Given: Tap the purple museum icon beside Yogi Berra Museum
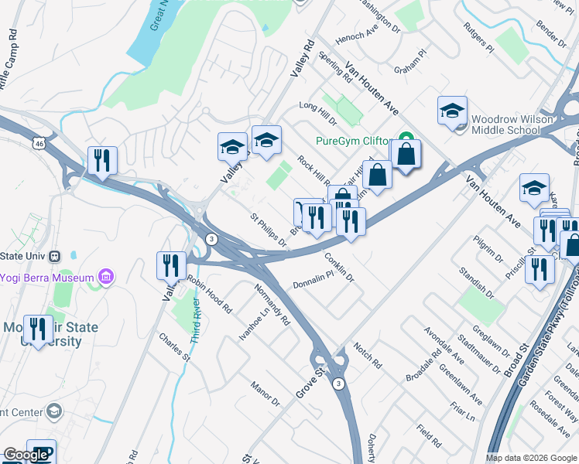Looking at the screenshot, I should pyautogui.click(x=106, y=276).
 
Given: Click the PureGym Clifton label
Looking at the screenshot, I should pyautogui.click(x=351, y=142).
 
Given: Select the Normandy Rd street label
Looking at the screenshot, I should pyautogui.click(x=273, y=305).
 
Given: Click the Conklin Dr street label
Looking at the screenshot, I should pyautogui.click(x=340, y=266).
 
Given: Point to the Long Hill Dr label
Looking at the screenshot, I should pyautogui.click(x=318, y=115).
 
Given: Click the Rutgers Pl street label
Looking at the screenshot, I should pyautogui.click(x=478, y=36).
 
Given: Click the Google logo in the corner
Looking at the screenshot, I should pyautogui.click(x=26, y=455).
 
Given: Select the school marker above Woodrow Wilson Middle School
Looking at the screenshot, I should pyautogui.click(x=452, y=111).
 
